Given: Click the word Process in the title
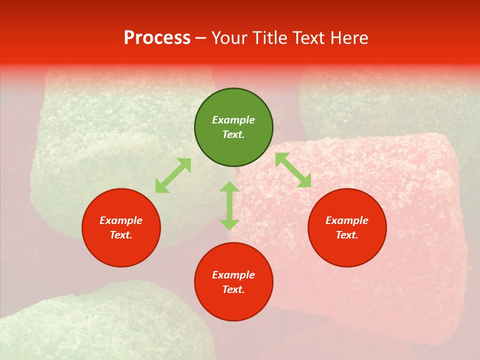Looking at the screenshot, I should [157, 38].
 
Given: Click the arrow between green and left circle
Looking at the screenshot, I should [173, 175].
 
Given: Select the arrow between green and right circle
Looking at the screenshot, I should [293, 170].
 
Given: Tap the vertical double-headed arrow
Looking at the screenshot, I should [229, 205].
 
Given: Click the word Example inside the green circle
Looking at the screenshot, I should [233, 120].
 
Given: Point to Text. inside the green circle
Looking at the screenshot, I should [233, 134].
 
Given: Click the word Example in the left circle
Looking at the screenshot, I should [121, 220].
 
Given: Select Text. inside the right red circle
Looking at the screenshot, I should [347, 235].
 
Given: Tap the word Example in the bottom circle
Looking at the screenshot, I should [233, 275].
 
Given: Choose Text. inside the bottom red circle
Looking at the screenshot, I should [233, 289].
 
